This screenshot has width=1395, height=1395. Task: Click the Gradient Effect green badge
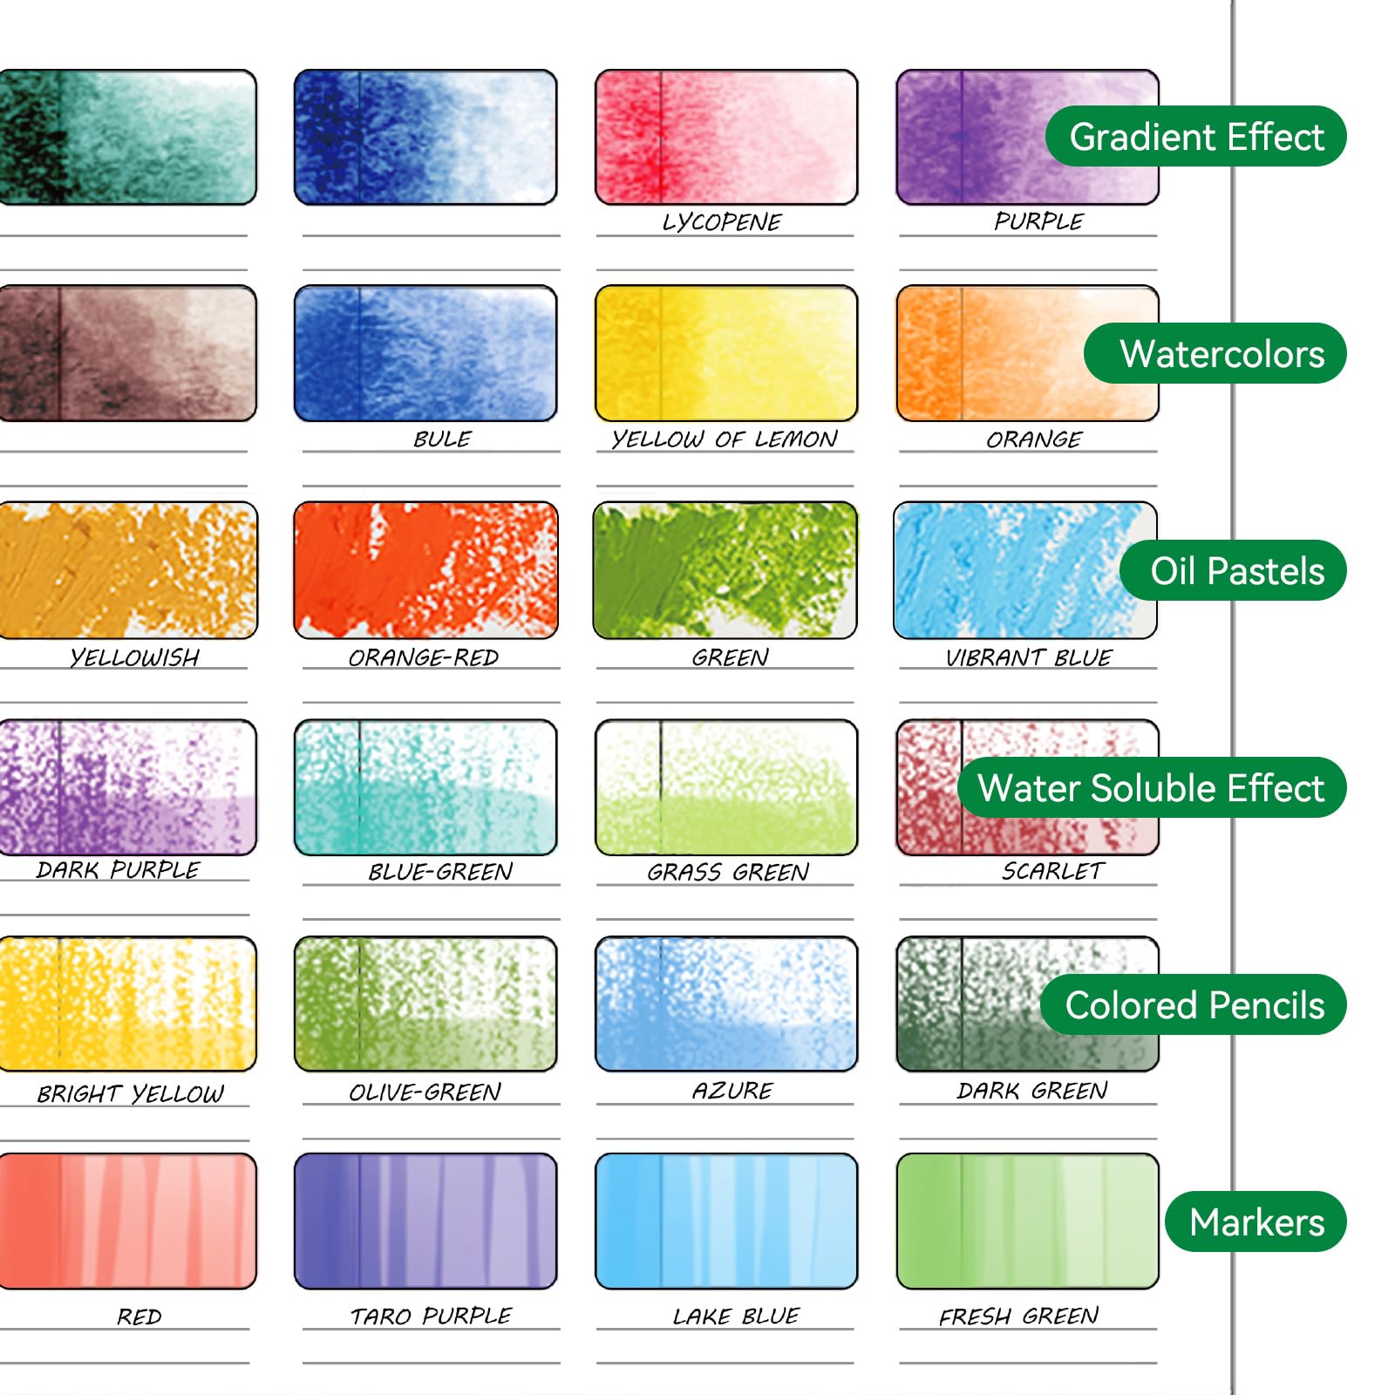1196,137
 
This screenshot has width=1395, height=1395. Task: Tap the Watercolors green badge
1215,353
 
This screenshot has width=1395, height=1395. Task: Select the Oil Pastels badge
1234,570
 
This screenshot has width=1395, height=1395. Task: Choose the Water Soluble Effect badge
1152,787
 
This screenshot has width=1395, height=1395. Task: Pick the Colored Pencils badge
1194,1004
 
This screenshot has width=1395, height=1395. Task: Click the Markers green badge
1255,1221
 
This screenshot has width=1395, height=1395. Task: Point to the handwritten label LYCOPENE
722,222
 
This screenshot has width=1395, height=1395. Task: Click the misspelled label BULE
442,439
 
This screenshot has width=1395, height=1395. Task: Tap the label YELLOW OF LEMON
725,439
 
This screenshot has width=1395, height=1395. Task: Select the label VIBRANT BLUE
1029,657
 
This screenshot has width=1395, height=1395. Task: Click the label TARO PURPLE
431,1316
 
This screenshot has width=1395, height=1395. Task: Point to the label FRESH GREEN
1018,1316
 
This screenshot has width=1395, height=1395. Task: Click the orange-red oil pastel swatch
425,569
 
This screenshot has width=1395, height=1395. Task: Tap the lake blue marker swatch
726,1221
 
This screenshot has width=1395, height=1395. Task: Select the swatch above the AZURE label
726,1004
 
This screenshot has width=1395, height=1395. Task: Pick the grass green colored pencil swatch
726,787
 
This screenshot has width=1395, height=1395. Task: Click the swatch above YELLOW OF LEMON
726,353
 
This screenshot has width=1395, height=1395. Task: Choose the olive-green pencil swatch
425,1004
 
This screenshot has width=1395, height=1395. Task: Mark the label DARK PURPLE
118,869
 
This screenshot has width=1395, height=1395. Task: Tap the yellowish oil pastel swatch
127,569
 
